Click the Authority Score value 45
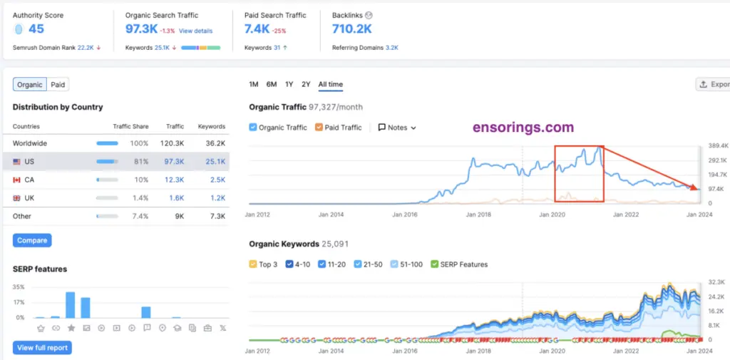[36, 29]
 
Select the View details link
[195, 31]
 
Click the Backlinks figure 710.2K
[351, 29]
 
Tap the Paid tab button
[58, 85]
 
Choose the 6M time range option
[272, 84]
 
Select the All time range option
[330, 84]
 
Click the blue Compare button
[32, 240]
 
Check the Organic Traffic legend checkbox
[253, 128]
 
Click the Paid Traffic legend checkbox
[319, 128]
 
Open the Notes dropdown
[397, 128]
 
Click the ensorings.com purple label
[523, 128]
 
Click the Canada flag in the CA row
[17, 180]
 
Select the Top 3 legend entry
[263, 264]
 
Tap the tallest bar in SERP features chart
[71, 304]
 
